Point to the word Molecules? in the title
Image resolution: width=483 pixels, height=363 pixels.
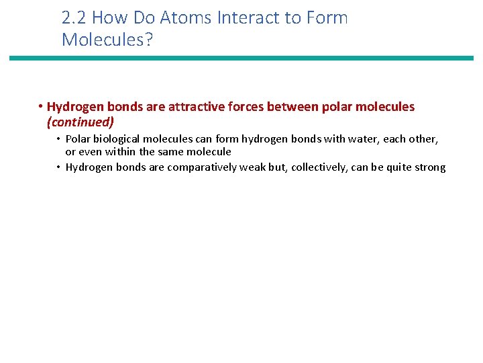pos(107,40)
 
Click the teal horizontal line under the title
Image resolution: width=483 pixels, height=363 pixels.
pos(241,58)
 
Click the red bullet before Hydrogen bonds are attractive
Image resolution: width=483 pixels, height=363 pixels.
pos(41,107)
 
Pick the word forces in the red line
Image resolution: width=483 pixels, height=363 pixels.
pos(252,107)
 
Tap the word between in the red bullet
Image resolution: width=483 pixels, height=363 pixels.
pos(297,107)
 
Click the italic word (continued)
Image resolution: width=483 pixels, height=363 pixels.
pos(80,122)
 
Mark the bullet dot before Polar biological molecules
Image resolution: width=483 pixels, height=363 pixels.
pos(59,139)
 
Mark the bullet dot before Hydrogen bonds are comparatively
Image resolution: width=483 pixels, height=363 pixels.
pos(59,167)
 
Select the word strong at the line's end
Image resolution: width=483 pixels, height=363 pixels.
pos(429,167)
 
